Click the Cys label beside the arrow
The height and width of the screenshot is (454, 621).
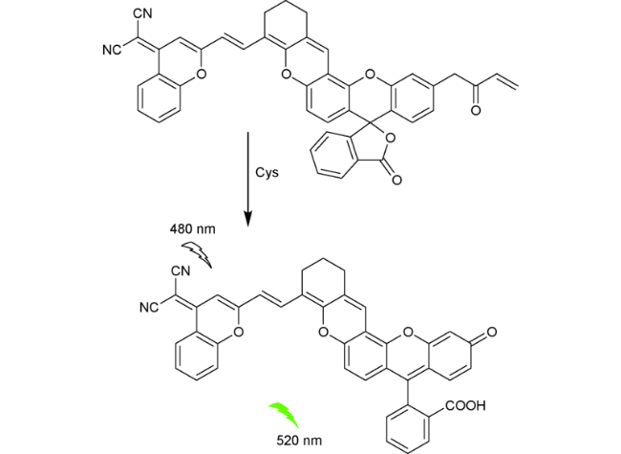(267, 173)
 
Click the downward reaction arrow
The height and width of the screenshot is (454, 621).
(248, 179)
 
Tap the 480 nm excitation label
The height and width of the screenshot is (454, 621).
(192, 229)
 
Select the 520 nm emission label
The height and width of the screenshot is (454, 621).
(299, 441)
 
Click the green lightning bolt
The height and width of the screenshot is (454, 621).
(285, 415)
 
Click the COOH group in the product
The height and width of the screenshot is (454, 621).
(465, 405)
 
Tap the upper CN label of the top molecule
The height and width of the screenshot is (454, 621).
(143, 13)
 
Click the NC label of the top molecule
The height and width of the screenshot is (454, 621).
(112, 51)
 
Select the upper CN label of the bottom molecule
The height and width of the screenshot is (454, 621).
(181, 271)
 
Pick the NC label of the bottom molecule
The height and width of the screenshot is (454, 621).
(149, 308)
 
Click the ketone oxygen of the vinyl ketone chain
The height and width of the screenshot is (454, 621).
(476, 110)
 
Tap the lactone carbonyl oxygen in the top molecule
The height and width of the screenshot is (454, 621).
(396, 180)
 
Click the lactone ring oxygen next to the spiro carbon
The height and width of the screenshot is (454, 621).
(391, 138)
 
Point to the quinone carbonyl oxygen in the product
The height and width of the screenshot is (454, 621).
(491, 332)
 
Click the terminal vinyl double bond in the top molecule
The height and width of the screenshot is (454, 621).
(507, 82)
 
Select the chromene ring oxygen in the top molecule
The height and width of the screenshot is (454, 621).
(202, 74)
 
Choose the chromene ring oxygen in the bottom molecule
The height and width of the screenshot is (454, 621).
(238, 332)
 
